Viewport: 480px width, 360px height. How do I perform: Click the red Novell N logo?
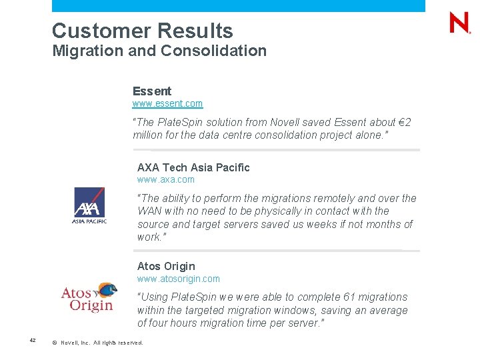point(459,23)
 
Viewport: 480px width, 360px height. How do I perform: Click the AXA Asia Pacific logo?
point(89,205)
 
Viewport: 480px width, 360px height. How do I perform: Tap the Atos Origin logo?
point(89,297)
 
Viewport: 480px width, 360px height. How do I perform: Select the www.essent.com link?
point(167,104)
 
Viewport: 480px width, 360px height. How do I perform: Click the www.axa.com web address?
point(166,179)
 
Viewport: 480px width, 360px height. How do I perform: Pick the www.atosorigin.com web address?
point(178,279)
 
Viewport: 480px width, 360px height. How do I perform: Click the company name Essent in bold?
point(152,91)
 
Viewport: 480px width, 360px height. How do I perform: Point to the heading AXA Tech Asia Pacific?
point(193,167)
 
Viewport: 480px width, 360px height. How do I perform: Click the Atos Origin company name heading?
point(166,267)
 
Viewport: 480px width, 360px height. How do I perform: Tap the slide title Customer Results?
point(142,31)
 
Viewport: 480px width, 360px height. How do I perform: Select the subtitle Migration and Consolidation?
point(159,51)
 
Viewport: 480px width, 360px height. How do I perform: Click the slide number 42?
point(32,341)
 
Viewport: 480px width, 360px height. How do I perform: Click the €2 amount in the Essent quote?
point(404,123)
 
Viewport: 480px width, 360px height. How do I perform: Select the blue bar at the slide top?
point(238,5)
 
